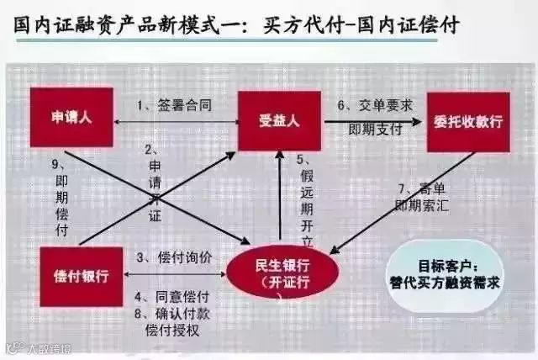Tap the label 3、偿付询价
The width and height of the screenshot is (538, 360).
point(173,256)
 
